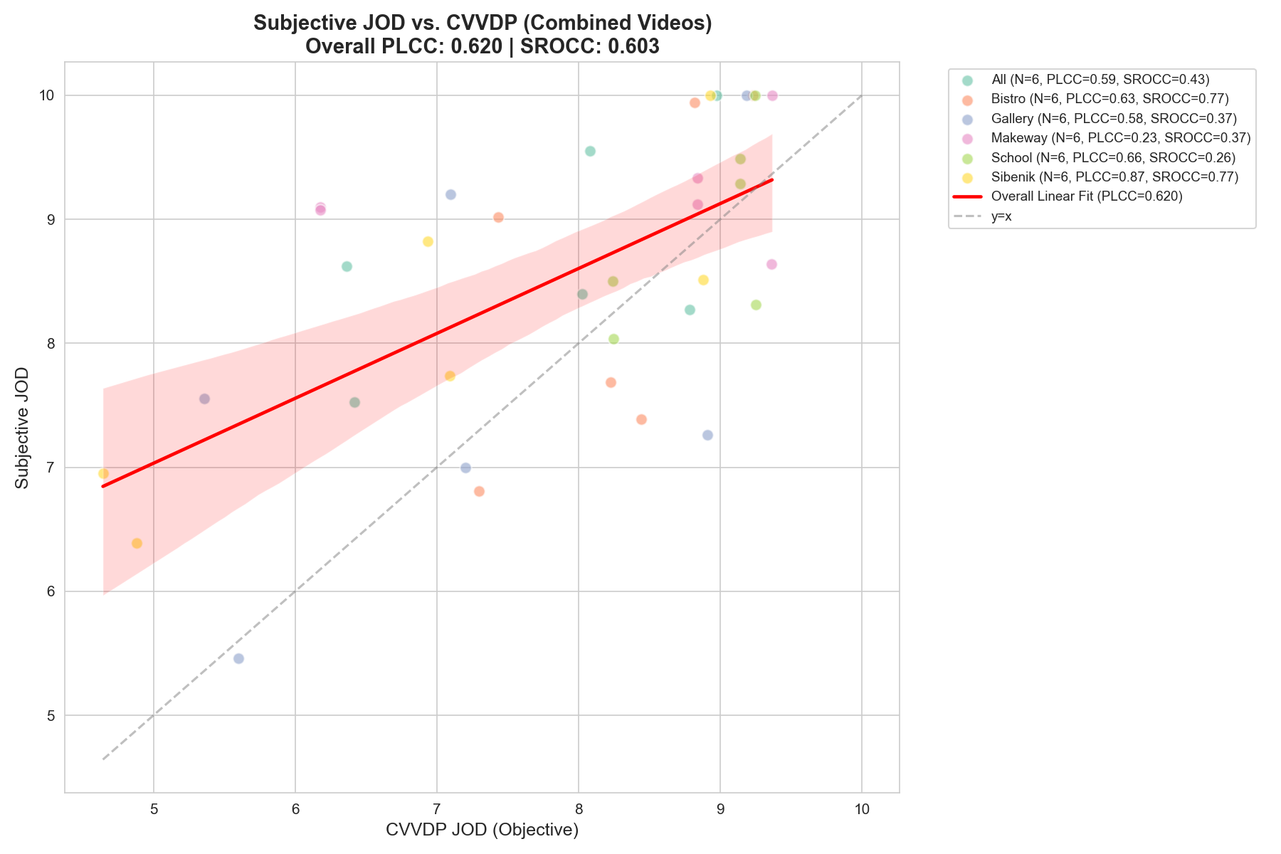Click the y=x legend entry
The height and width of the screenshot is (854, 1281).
click(1001, 216)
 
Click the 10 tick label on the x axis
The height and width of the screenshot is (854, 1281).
click(862, 810)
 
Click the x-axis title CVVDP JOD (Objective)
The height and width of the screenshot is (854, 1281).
click(482, 830)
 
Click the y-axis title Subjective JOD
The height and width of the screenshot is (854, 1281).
click(22, 427)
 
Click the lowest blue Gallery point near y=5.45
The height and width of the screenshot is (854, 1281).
click(238, 658)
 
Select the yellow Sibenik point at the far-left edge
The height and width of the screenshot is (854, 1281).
click(103, 473)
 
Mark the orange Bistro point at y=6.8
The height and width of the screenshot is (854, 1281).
click(479, 491)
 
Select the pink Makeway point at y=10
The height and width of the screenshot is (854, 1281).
click(772, 95)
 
